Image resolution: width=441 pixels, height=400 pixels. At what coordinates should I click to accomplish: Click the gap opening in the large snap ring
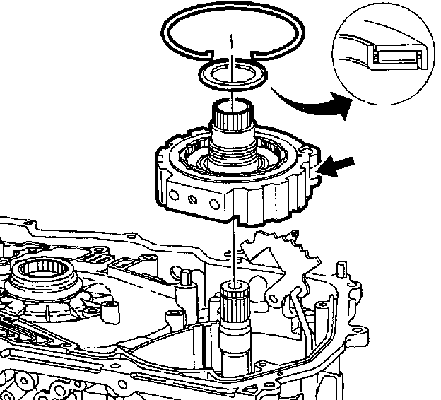[x=231, y=52]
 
